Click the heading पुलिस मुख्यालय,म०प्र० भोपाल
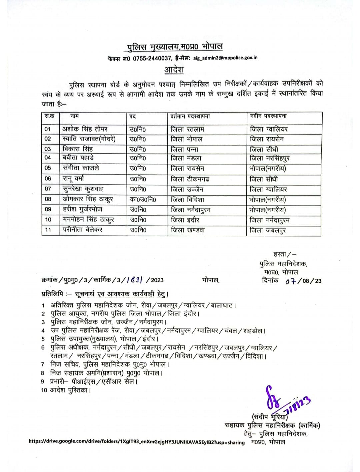click(175, 47)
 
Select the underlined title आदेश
click(174, 70)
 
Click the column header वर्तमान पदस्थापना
click(190, 116)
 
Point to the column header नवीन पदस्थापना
click(268, 116)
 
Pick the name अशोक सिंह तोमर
click(85, 129)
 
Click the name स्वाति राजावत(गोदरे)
click(89, 139)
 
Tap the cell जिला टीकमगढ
click(190, 179)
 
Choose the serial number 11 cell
click(48, 230)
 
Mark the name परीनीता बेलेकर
click(83, 230)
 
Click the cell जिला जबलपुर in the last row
click(268, 230)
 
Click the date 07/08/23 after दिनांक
click(303, 281)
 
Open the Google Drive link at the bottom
click(137, 442)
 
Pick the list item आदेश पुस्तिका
click(70, 390)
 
